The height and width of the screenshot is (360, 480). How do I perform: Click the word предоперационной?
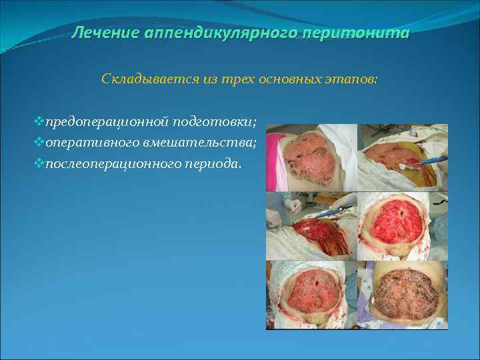coord(106,123)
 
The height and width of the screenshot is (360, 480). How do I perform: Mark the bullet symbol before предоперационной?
coord(39,123)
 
